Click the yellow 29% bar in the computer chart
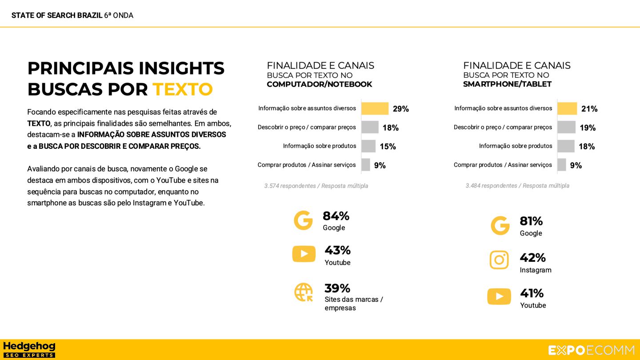pyautogui.click(x=375, y=108)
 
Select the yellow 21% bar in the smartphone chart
pyautogui.click(x=567, y=108)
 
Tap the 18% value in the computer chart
pyautogui.click(x=390, y=128)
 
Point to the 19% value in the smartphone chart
pyautogui.click(x=587, y=128)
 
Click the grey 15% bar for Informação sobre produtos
pyautogui.click(x=368, y=146)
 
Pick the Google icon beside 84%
pyautogui.click(x=303, y=220)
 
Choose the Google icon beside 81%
pyautogui.click(x=500, y=226)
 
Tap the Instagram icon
pyautogui.click(x=499, y=260)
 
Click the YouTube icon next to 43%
pyautogui.click(x=304, y=254)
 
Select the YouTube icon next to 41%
pyautogui.click(x=499, y=296)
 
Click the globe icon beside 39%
pyautogui.click(x=304, y=292)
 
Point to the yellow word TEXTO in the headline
pyautogui.click(x=183, y=89)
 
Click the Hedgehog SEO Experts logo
pyautogui.click(x=29, y=350)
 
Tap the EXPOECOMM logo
pyautogui.click(x=591, y=350)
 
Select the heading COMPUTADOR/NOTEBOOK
pyautogui.click(x=319, y=84)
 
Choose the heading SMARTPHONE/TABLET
pyautogui.click(x=507, y=84)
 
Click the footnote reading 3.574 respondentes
pyautogui.click(x=316, y=186)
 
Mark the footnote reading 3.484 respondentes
pyautogui.click(x=517, y=186)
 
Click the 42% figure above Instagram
pyautogui.click(x=532, y=258)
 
